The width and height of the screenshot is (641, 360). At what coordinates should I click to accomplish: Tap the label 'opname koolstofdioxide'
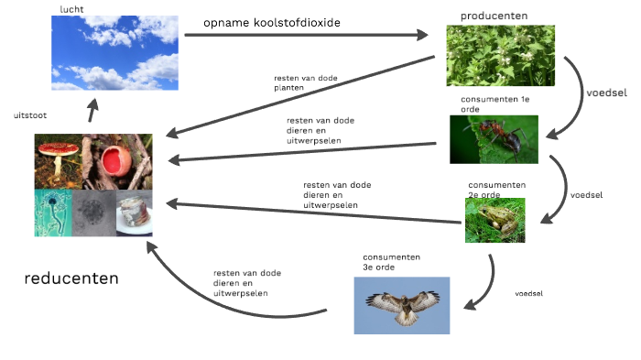point(268,22)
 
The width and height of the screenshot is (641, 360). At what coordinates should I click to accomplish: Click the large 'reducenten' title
point(72,278)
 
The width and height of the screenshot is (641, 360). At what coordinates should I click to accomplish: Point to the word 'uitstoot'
point(30,116)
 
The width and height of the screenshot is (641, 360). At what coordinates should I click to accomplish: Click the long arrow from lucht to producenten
point(306,36)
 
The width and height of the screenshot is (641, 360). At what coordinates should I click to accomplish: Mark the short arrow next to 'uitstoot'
point(92,113)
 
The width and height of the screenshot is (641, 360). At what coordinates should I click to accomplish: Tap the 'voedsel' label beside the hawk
point(529,293)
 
